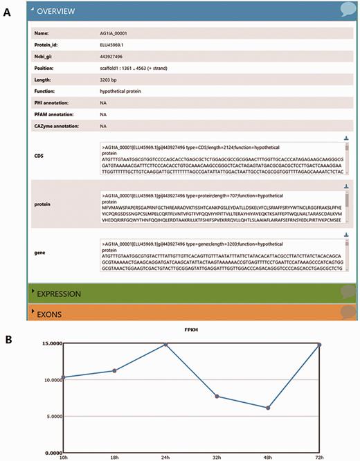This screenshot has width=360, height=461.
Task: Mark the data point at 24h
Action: point(165,343)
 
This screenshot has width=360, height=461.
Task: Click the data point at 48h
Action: point(267,408)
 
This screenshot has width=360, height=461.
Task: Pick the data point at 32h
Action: point(216,396)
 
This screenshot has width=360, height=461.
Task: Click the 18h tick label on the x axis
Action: point(114,457)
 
